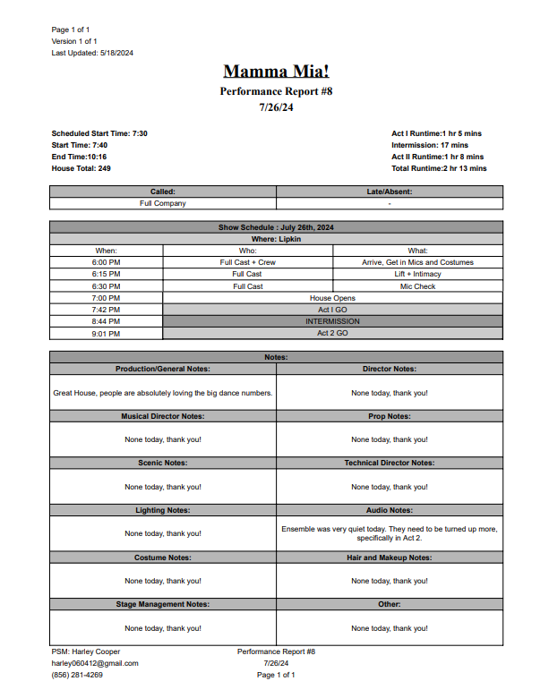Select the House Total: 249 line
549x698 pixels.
[81, 168]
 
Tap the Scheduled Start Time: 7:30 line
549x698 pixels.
[99, 133]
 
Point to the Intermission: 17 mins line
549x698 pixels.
[430, 145]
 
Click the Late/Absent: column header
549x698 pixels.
[390, 192]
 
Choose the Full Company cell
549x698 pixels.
[163, 203]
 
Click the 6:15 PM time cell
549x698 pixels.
[107, 274]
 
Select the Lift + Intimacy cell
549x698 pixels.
[418, 274]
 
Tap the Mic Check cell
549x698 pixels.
[418, 286]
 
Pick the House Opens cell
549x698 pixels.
[333, 298]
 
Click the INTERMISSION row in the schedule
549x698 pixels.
[333, 321]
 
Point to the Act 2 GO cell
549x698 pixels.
[333, 333]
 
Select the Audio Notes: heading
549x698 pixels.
[390, 510]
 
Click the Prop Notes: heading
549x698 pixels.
[390, 416]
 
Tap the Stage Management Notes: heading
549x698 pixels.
[163, 604]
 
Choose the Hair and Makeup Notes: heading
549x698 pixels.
[390, 558]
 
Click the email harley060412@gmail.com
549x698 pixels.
[95, 663]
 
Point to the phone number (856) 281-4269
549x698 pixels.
[77, 675]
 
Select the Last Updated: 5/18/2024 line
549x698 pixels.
[92, 53]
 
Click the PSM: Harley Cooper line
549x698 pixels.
[86, 651]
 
